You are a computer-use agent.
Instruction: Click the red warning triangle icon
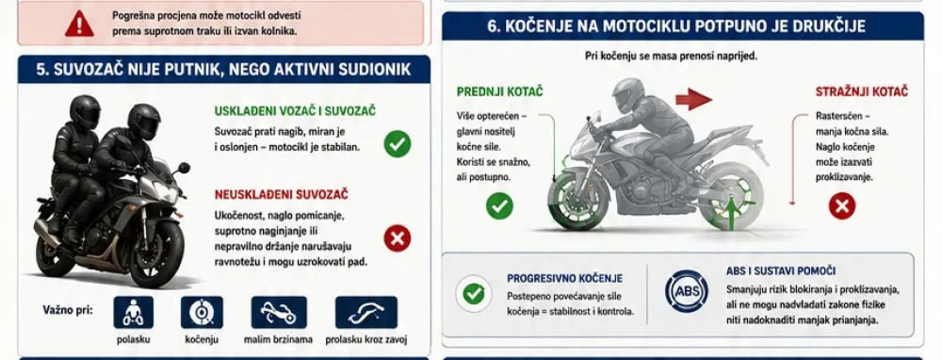[79, 24]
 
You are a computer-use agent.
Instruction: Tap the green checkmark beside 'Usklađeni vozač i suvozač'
[398, 144]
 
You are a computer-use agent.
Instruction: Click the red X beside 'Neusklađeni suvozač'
[398, 238]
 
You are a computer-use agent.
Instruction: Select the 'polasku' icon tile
[134, 313]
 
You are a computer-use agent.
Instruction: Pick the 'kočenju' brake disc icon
[202, 313]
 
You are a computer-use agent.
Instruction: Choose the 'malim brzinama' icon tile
[279, 313]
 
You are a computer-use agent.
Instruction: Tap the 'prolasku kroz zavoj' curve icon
[365, 313]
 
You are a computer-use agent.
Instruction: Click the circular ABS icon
[686, 291]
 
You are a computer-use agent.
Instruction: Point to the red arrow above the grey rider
[694, 99]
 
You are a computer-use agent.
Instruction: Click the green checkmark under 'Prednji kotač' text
[499, 206]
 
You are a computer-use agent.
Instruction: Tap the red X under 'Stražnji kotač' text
[841, 206]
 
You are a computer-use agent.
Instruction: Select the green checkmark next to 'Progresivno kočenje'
[474, 294]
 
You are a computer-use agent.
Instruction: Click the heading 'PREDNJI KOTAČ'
[500, 92]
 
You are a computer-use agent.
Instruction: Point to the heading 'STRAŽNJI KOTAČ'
[862, 92]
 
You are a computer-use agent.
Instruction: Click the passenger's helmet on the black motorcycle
[85, 110]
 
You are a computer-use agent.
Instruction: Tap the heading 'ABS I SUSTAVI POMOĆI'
[780, 271]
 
